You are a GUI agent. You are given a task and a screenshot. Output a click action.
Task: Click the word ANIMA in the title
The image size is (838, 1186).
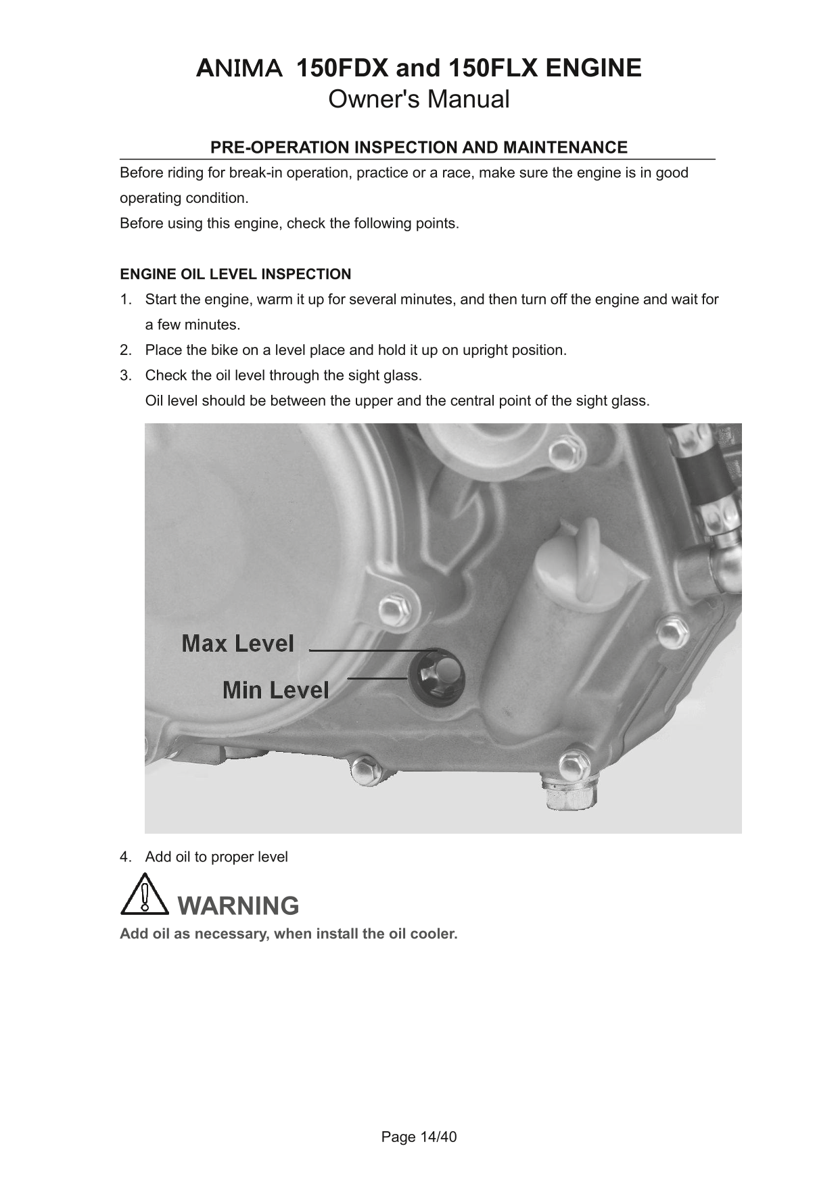tap(239, 68)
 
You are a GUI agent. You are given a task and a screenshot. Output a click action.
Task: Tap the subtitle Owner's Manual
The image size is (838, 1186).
tap(419, 99)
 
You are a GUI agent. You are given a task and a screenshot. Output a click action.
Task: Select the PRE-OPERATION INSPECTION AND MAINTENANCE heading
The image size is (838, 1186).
tap(419, 147)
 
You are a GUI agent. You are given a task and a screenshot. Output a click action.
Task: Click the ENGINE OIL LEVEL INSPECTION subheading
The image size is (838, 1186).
tap(235, 275)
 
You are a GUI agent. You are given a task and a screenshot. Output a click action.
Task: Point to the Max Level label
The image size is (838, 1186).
tap(237, 644)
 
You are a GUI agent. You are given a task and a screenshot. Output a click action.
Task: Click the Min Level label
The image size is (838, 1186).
tap(276, 690)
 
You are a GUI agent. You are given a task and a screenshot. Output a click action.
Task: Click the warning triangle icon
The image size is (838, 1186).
tap(144, 895)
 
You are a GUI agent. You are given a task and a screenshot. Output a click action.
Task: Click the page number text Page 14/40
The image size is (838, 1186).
tap(419, 1137)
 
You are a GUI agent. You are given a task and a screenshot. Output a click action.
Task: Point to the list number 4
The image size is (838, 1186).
tap(124, 857)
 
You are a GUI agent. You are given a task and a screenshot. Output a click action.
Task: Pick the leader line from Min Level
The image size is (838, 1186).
tap(377, 677)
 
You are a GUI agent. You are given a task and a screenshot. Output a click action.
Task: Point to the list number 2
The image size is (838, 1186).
tap(124, 350)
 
